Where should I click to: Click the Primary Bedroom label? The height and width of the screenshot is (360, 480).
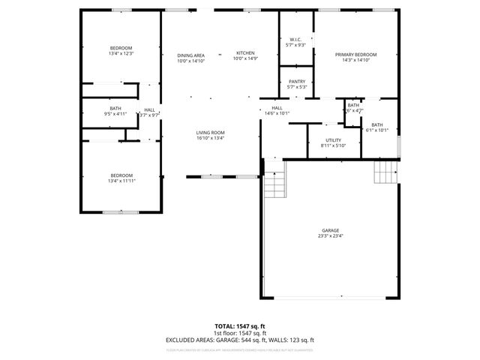(355, 54)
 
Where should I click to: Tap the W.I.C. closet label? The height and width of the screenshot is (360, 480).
(296, 40)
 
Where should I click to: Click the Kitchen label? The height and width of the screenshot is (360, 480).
(245, 53)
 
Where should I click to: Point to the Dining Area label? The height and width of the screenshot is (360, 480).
(191, 55)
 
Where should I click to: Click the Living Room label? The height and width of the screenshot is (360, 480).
(210, 133)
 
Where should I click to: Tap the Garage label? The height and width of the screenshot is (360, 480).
(331, 230)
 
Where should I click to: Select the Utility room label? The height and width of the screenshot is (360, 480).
(334, 140)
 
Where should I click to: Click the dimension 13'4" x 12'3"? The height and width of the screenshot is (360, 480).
(121, 54)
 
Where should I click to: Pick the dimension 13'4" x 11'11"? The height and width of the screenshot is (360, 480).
(121, 181)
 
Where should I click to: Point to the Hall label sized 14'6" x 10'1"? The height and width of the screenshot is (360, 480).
(277, 108)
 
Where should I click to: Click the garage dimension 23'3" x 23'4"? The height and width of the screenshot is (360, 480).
(331, 236)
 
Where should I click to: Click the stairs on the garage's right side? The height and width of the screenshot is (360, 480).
(385, 174)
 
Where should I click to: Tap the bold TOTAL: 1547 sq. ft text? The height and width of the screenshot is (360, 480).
(240, 326)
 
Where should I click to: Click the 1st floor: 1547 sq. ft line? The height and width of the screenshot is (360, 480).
(240, 333)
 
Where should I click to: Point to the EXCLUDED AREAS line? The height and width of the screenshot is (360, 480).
(240, 340)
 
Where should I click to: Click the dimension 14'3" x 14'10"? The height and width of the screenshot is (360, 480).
(355, 60)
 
